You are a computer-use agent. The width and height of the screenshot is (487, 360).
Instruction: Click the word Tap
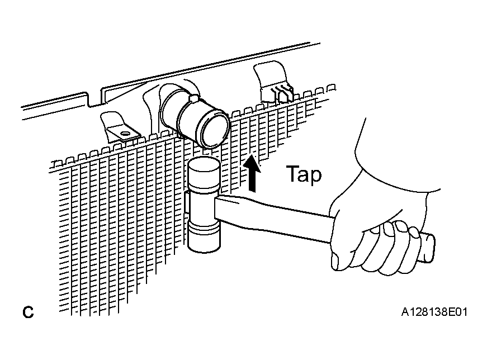click(x=304, y=174)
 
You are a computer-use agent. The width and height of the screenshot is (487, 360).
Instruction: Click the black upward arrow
click(x=252, y=174)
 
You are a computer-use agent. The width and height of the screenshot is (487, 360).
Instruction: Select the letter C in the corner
click(x=28, y=312)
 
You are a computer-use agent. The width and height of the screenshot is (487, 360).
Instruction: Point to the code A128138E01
click(x=434, y=312)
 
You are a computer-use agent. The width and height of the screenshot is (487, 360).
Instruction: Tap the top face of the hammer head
click(x=204, y=163)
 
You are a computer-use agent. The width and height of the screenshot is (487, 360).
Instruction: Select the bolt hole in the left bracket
click(x=125, y=134)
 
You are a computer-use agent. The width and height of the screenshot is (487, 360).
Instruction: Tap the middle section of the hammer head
click(x=202, y=205)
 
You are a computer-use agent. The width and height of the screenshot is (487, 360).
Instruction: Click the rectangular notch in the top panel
click(x=94, y=99)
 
